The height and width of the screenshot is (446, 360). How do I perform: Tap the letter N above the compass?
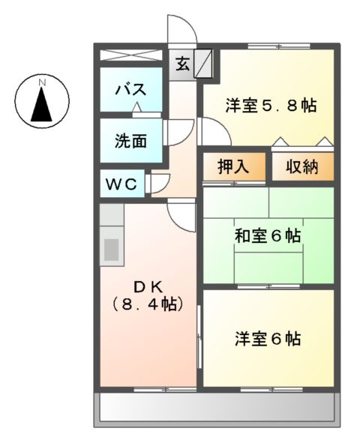pos(43,79)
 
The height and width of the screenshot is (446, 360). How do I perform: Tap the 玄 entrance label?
pos(183,64)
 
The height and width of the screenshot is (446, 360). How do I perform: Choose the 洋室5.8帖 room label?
pos(270,106)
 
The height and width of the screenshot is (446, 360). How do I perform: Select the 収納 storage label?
pos(301,166)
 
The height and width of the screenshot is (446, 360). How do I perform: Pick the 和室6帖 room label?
pos(268,235)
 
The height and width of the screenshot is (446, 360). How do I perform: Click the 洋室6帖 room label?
pos(268,339)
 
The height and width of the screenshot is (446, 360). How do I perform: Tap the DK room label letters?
pos(148,286)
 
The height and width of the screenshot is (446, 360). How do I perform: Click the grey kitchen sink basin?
pos(111,250)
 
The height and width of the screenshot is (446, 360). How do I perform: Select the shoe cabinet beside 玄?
pos(204,64)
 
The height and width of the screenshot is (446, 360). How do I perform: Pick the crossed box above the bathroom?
pos(132,55)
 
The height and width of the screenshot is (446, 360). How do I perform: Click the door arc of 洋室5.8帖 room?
pos(214,132)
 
